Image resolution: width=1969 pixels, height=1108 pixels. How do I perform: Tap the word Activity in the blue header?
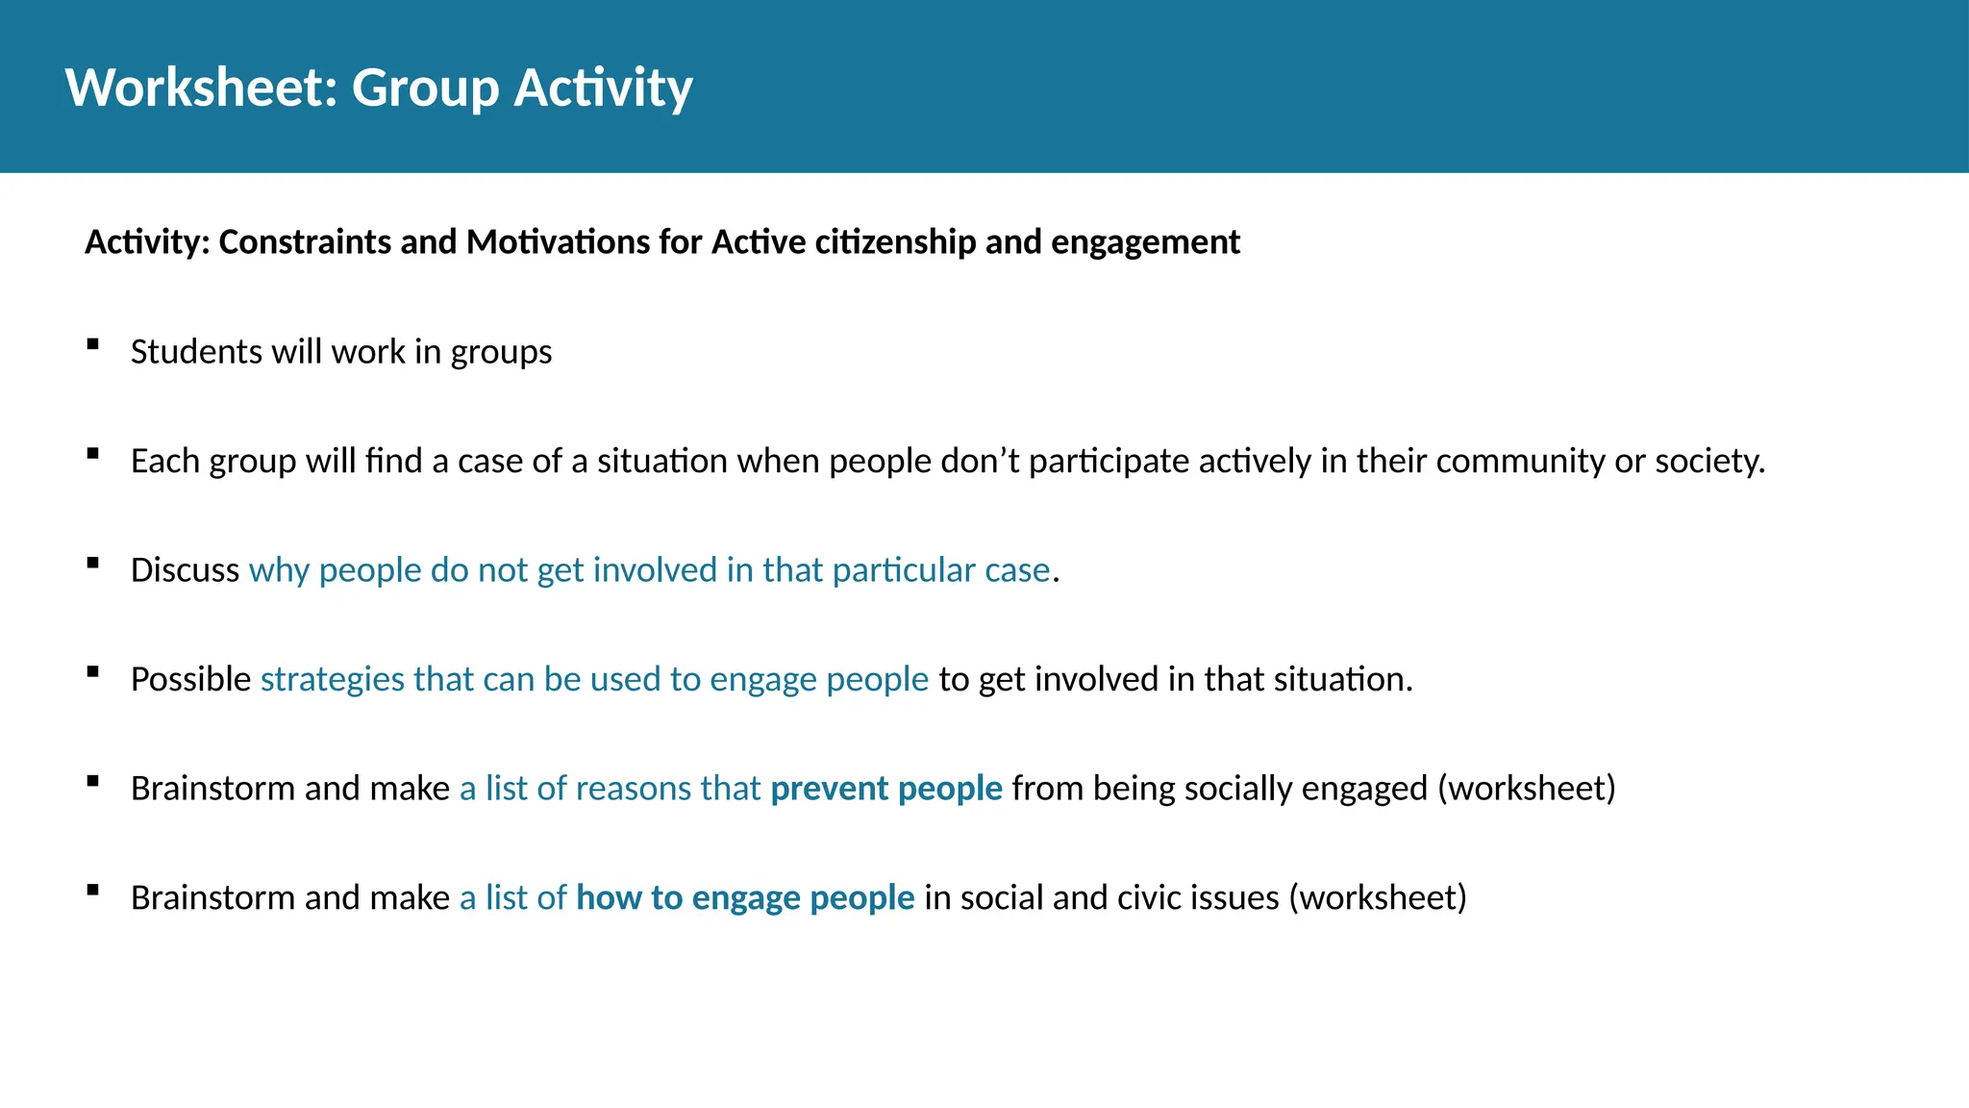603,88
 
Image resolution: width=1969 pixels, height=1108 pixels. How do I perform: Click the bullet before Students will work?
93,344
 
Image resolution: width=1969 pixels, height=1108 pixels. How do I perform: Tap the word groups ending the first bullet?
501,352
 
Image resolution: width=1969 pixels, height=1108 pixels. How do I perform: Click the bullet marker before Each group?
93,454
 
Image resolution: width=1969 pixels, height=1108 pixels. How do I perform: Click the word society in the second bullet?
1707,462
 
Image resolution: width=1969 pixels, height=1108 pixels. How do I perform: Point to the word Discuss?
185,570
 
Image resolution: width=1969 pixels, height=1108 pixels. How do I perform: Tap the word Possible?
190,680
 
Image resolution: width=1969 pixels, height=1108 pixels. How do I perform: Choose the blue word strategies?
333,680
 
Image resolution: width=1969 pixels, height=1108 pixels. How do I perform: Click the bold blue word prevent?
829,789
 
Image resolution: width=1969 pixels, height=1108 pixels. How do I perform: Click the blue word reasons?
634,789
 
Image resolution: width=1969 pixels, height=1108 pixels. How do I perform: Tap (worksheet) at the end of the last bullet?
1378,898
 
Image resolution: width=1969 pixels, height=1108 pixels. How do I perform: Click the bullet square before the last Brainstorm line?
93,891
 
